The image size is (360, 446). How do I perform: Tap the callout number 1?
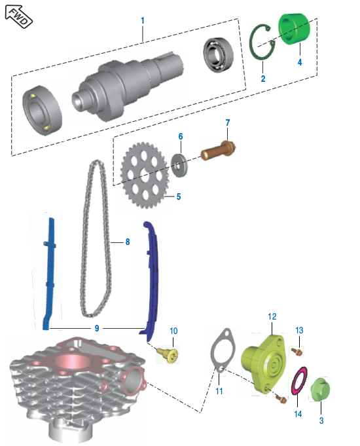pos(142,21)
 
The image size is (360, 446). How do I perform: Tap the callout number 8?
pos(127,242)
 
